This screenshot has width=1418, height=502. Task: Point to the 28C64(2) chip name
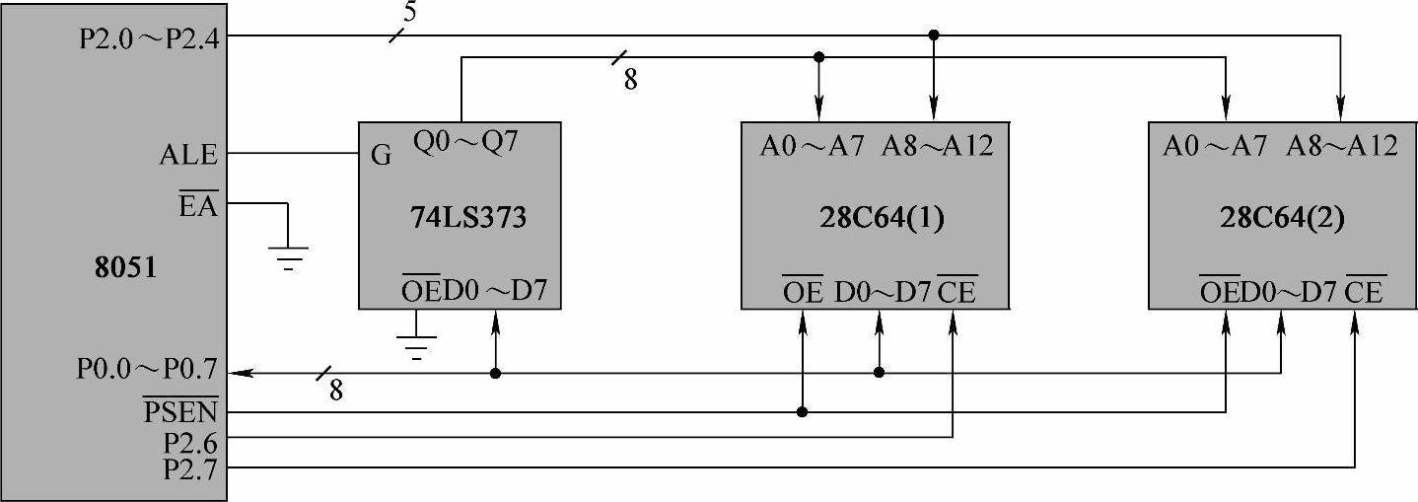click(x=1279, y=217)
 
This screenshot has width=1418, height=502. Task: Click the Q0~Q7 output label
click(x=464, y=144)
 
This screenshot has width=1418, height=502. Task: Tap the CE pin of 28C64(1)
click(x=957, y=292)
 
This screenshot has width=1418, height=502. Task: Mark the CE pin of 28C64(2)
click(x=1364, y=292)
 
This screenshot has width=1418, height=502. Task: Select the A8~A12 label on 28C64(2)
click(x=1342, y=146)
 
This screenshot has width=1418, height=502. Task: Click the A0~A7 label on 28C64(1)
click(x=812, y=146)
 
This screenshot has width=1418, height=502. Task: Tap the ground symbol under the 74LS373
click(x=416, y=346)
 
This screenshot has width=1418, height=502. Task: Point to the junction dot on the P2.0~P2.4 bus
click(x=934, y=36)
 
